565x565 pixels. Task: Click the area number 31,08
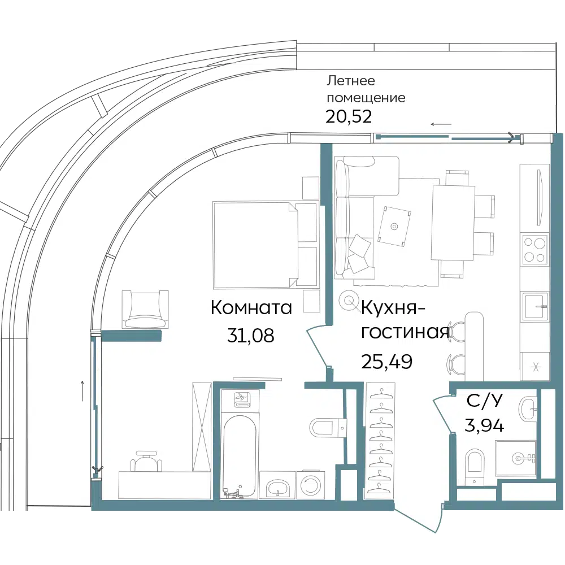tap(251, 336)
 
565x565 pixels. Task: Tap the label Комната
tap(251, 308)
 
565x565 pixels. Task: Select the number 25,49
tap(386, 362)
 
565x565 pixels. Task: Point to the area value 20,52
tap(349, 116)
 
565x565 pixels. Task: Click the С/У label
tap(484, 401)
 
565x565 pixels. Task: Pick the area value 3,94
tap(484, 425)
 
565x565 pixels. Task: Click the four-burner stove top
tap(534, 249)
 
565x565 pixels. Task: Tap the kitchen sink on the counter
tap(534, 306)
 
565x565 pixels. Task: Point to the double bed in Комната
tap(266, 245)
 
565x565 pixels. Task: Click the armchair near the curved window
tap(145, 309)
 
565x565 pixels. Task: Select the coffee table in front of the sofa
tap(395, 227)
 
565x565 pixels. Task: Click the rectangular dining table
tap(453, 223)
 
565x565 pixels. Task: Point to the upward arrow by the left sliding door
tap(82, 390)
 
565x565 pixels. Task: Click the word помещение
tap(366, 98)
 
